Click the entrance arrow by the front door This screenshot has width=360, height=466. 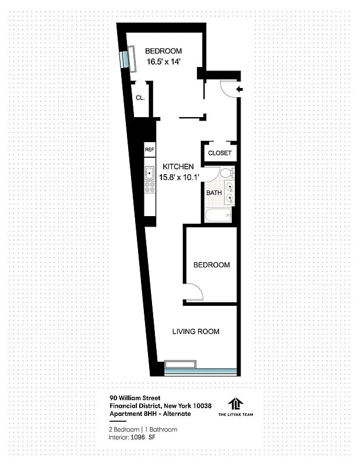241,89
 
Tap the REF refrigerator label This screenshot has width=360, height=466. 150,150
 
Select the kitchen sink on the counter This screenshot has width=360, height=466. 150,173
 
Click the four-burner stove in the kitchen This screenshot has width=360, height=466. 150,188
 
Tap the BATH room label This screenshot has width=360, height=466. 214,193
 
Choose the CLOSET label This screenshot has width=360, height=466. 220,153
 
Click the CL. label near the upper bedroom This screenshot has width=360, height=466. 140,98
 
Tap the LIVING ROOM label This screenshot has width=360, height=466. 196,331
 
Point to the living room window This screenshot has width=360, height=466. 200,370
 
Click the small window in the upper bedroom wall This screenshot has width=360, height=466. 124,59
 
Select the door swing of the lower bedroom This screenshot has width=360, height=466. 194,291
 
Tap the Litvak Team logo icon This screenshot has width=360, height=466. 235,404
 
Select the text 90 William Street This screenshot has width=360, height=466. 135,399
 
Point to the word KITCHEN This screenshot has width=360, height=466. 178,166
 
